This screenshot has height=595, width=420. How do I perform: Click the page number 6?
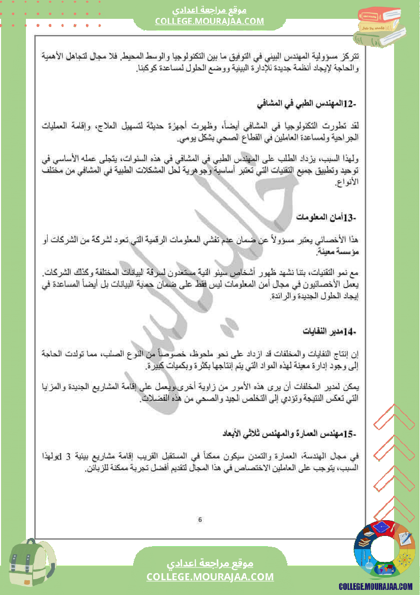[200, 520]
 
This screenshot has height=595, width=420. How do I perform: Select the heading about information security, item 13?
[326, 218]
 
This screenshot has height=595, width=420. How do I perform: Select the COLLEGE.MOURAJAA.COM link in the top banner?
[209, 21]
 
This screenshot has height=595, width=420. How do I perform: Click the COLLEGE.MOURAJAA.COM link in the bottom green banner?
[210, 577]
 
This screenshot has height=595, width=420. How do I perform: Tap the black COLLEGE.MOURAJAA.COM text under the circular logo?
[376, 587]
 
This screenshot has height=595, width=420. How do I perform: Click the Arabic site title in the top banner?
[209, 10]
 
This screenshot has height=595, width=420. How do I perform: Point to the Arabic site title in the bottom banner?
[210, 564]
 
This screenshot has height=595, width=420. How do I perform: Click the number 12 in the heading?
[348, 105]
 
